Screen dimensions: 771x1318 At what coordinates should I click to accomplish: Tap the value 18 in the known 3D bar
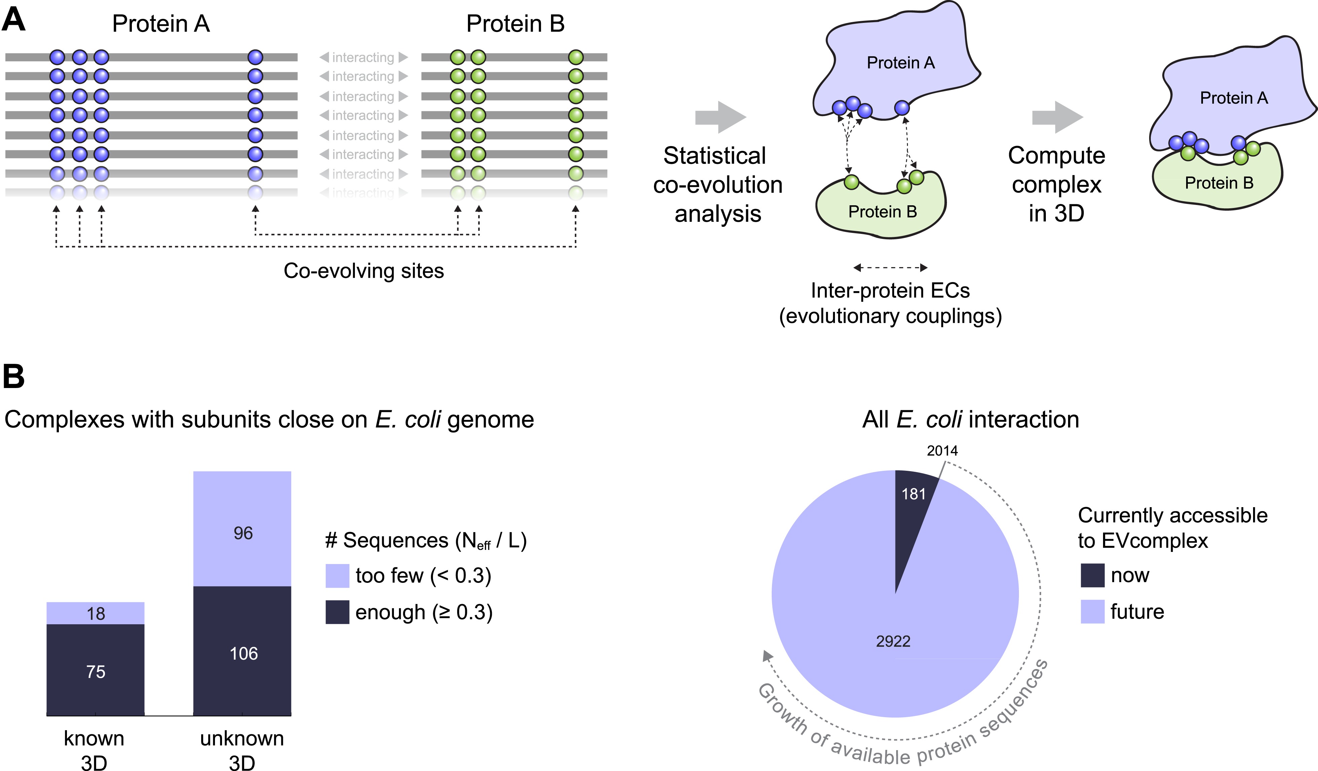tap(96, 614)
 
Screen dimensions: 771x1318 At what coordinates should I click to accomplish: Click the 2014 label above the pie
tap(942, 450)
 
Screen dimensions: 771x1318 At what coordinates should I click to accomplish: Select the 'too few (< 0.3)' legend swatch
tap(337, 575)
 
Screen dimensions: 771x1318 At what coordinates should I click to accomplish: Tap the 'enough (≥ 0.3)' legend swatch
tap(337, 612)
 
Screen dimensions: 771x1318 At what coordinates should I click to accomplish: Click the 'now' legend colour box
tap(1092, 575)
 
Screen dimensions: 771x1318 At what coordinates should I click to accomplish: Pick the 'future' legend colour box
tap(1092, 611)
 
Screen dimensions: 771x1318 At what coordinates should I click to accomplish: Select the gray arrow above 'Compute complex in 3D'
tap(1057, 117)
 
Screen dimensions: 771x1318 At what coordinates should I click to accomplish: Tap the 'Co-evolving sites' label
tap(364, 271)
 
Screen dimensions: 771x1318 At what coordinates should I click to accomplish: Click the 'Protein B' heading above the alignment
tap(515, 24)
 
